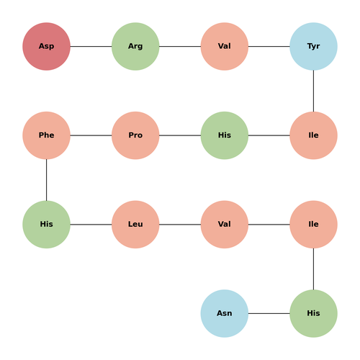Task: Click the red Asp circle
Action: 46,46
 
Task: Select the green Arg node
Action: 135,46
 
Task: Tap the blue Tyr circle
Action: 313,46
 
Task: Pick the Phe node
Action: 46,135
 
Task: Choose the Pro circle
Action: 135,135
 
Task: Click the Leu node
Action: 135,225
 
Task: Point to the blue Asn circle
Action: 225,313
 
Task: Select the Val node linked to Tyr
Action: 225,46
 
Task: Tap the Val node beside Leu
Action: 225,225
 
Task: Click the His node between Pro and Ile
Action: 225,135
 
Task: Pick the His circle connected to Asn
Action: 313,313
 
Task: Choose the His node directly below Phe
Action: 46,225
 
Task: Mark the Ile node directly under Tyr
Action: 313,135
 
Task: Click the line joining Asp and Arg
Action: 91,46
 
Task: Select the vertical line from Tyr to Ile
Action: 313,91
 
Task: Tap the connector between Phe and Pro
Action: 91,135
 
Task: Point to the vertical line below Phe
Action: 46,180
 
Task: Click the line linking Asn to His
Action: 269,313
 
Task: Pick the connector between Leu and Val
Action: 180,225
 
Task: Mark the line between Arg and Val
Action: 180,46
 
